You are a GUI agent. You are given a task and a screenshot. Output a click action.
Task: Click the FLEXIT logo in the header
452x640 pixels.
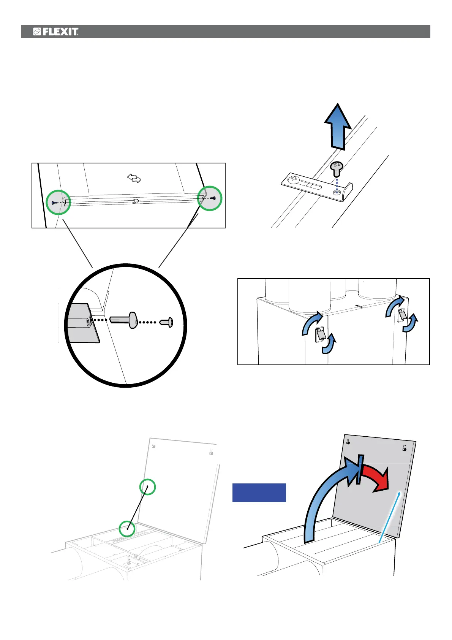[56, 32]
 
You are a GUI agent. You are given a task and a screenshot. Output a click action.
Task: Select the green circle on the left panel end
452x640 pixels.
[58, 203]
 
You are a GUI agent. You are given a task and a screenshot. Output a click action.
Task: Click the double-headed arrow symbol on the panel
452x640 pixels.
[134, 178]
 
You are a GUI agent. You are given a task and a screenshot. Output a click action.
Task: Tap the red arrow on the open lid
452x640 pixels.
[376, 478]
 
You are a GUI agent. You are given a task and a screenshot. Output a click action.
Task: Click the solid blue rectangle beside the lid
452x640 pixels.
[259, 493]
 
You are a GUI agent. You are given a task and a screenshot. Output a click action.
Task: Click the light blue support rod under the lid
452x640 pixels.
[389, 517]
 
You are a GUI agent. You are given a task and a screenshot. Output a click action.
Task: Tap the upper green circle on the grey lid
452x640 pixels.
[147, 486]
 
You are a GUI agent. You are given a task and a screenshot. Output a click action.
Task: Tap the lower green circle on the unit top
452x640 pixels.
[127, 528]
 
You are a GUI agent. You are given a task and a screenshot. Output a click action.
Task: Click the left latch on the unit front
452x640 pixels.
[320, 334]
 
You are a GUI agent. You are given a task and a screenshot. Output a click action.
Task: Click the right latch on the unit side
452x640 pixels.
[401, 315]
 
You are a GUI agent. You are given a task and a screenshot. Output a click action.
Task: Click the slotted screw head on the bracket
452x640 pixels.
[293, 179]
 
